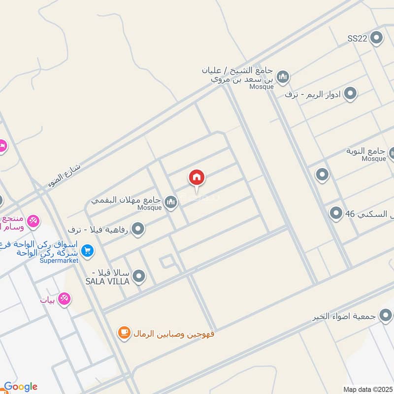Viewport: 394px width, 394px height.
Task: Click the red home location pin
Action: click(197, 178)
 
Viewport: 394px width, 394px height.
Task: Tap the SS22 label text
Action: click(357, 38)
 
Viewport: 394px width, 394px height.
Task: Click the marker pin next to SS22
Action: click(377, 38)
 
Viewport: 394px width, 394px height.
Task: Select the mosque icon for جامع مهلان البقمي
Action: click(171, 202)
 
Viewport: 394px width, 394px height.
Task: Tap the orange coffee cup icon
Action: click(124, 333)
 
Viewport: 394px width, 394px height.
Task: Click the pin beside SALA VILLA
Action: click(139, 276)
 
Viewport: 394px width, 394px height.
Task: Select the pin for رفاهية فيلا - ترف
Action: click(138, 229)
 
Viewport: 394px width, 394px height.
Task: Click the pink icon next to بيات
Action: click(64, 298)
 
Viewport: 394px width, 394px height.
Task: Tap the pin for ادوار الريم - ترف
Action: click(350, 93)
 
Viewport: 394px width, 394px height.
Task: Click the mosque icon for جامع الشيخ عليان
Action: click(283, 77)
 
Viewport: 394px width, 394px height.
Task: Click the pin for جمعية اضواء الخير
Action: click(386, 315)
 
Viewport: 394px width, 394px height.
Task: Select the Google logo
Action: click(21, 387)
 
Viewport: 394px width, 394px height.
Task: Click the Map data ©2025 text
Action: click(367, 389)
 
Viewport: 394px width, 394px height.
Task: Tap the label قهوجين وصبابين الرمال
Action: click(173, 334)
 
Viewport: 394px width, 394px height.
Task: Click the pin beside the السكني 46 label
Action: click(336, 213)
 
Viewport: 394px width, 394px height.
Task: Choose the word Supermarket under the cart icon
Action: click(59, 261)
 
